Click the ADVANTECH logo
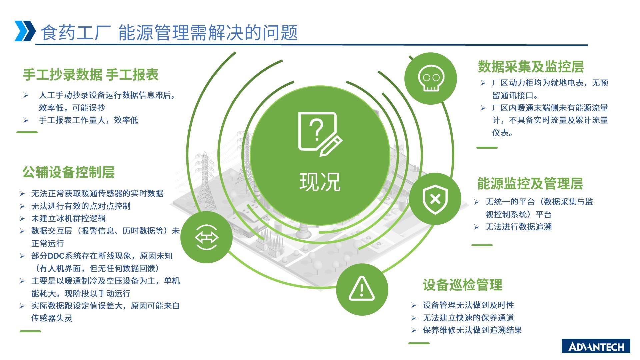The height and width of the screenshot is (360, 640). coord(596,346)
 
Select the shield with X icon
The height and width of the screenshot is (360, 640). coord(435,199)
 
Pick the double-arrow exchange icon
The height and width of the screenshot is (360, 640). coord(206,237)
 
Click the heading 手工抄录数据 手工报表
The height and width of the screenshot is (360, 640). coord(91,75)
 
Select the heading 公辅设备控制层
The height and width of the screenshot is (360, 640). coord(69,172)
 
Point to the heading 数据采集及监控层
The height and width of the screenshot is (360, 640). coord(531,67)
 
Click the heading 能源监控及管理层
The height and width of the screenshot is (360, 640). coord(530,184)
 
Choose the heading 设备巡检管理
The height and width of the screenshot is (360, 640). coord(462,285)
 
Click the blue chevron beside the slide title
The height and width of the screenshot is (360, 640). coord(25,31)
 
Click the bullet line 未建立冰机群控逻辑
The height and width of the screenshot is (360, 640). coord(68,218)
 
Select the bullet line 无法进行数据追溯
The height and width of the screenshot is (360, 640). coord(519,227)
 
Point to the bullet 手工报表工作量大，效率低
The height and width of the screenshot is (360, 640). coord(88,120)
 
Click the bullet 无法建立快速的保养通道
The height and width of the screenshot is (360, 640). coord(468,318)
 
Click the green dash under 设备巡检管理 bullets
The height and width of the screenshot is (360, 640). coord(419,343)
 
